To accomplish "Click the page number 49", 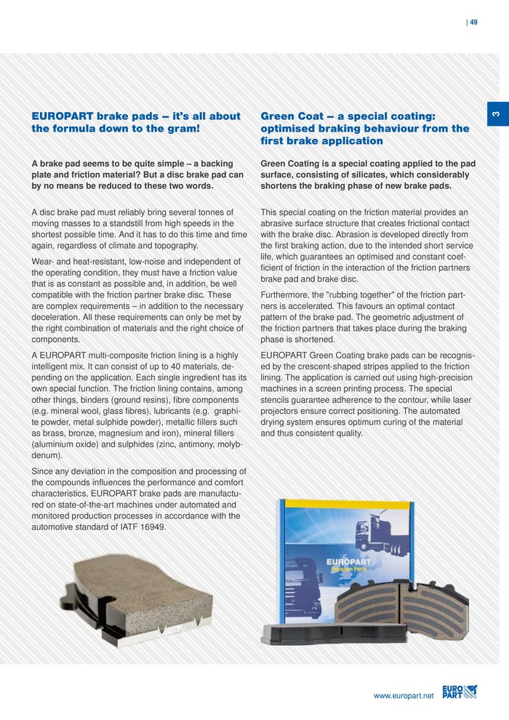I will (x=473, y=22).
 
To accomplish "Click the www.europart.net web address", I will (x=404, y=696).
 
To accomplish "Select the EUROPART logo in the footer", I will (x=459, y=692).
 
